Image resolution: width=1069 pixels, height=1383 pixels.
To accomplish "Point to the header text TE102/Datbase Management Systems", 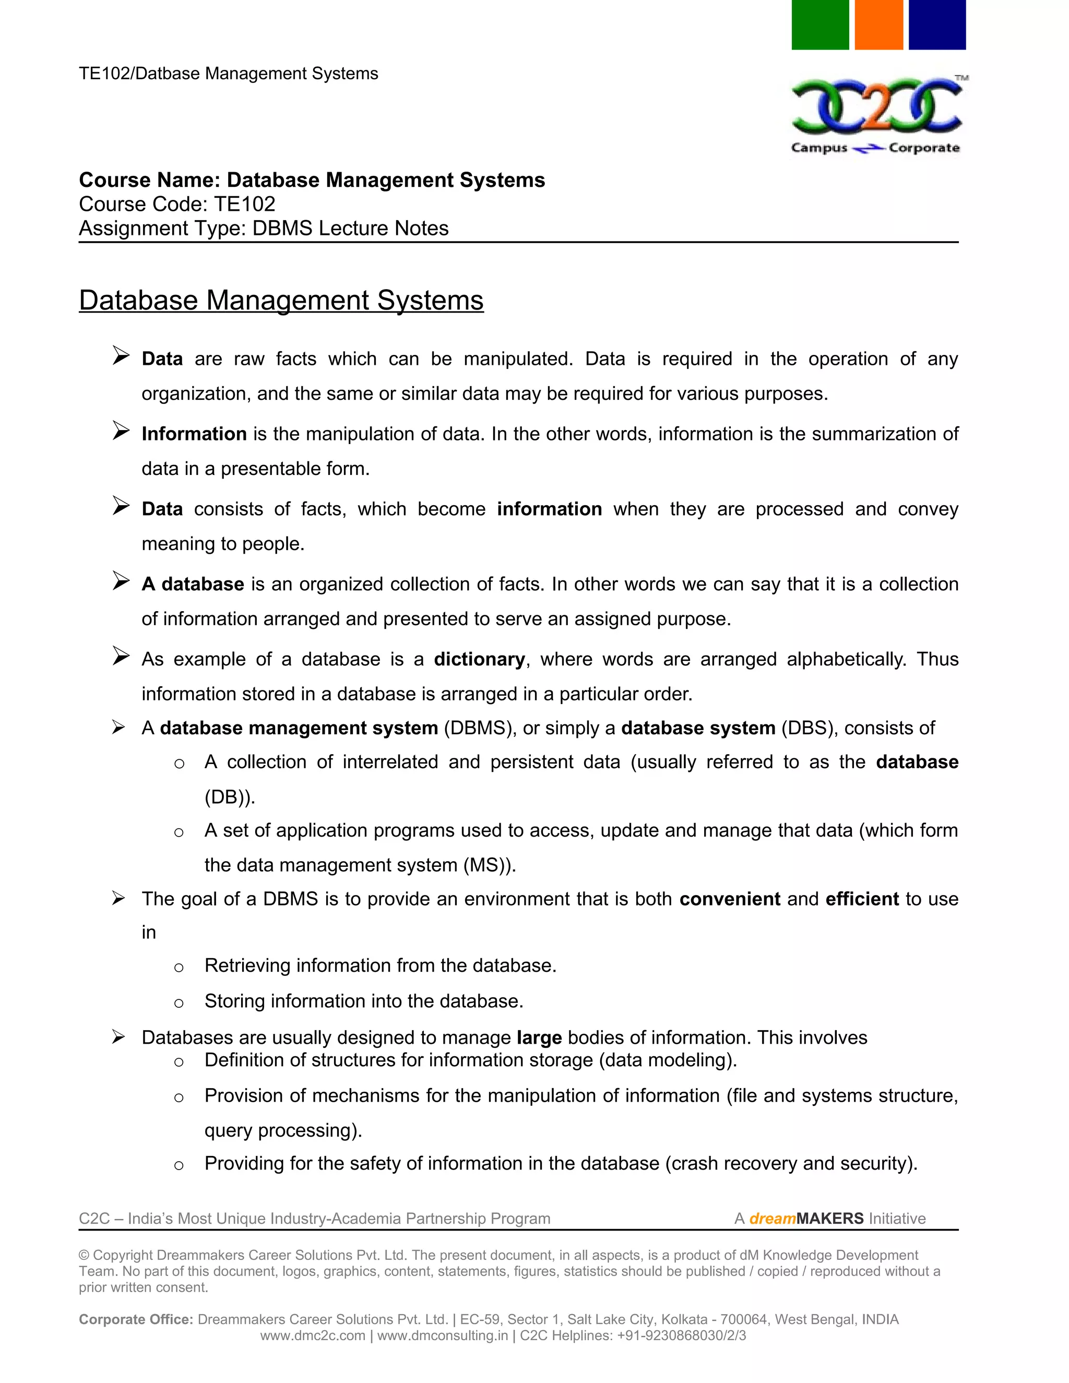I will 228,74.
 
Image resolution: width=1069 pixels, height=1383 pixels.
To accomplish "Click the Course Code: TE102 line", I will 177,204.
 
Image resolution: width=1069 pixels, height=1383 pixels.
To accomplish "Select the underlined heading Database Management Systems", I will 281,300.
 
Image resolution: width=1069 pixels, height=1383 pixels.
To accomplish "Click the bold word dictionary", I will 479,659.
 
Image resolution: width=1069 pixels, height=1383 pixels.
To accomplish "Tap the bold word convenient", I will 730,899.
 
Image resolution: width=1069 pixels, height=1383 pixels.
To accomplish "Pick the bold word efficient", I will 862,899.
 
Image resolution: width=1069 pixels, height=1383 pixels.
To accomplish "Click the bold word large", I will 539,1038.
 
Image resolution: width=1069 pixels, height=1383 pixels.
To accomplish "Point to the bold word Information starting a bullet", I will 194,434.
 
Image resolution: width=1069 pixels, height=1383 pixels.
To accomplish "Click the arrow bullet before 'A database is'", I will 121,581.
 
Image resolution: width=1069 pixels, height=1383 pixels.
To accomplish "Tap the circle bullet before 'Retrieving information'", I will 179,967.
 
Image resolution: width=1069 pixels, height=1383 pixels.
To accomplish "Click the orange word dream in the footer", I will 772,1219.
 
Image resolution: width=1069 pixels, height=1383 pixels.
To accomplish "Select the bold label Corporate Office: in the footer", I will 136,1319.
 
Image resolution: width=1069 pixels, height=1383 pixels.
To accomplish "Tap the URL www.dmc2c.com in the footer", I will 313,1336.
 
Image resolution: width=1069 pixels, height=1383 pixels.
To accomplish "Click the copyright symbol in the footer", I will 84,1255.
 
